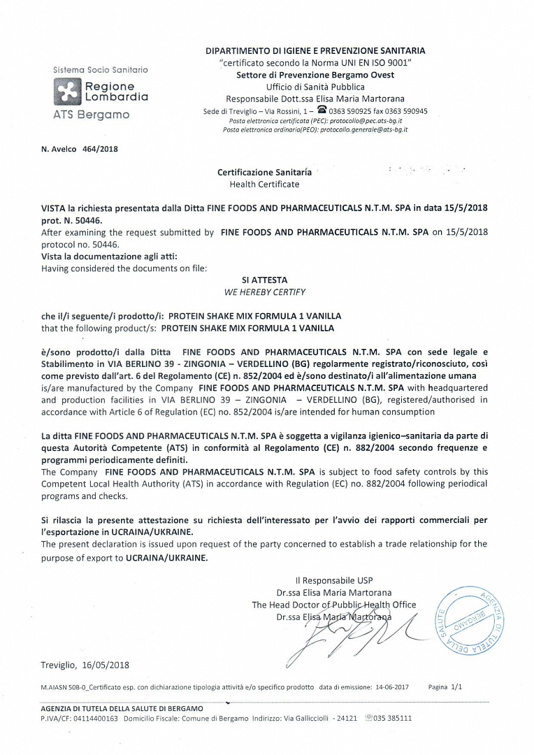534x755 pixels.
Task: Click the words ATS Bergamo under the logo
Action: coord(91,115)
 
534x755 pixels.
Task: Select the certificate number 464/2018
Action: coord(100,149)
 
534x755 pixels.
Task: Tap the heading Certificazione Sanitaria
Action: coord(264,172)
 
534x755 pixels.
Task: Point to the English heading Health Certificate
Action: coord(264,185)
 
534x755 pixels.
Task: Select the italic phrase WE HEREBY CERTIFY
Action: coord(264,292)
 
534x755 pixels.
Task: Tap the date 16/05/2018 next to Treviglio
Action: coord(106,665)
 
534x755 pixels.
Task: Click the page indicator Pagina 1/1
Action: coord(445,687)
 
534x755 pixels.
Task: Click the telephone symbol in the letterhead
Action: coord(322,110)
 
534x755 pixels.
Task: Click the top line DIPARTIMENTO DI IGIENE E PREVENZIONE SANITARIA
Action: coord(315,50)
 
